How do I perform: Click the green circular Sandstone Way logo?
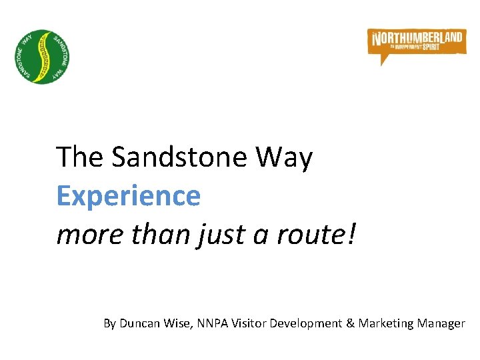[43, 56]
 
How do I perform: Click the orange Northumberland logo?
[417, 43]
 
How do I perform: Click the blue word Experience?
[128, 196]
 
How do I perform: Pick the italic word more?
[85, 234]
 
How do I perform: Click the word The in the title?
[80, 158]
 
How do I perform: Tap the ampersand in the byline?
[350, 323]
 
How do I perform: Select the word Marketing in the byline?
[385, 323]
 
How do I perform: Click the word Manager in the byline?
[440, 323]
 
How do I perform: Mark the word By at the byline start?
[110, 323]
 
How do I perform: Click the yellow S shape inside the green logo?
[43, 56]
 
